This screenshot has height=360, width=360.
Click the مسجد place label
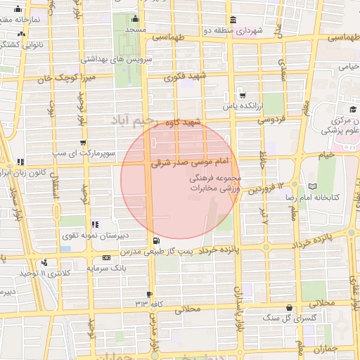pos(135,31)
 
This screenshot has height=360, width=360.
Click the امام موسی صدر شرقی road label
pos(185,162)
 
